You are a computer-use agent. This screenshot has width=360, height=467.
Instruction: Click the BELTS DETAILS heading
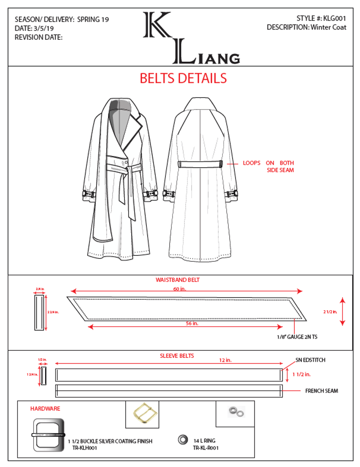[183, 78]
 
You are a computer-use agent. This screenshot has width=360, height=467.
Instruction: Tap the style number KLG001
[334, 18]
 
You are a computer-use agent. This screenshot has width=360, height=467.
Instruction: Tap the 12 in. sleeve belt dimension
[225, 361]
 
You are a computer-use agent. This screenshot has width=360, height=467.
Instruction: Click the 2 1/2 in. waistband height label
[330, 311]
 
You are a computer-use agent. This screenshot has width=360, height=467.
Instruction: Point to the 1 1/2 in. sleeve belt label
[301, 374]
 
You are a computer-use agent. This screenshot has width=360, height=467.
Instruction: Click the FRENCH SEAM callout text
[322, 391]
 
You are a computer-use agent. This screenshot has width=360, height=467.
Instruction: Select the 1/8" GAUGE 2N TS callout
[300, 336]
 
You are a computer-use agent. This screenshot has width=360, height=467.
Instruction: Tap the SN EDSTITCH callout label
[310, 360]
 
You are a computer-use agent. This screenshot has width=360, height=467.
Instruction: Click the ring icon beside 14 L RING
[182, 440]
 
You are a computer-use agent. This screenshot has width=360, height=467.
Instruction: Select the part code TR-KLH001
[84, 448]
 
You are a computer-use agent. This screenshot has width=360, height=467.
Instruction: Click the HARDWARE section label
[45, 408]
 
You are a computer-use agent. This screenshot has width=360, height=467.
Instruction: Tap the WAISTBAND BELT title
[178, 280]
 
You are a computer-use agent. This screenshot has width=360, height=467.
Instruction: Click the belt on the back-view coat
[200, 164]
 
